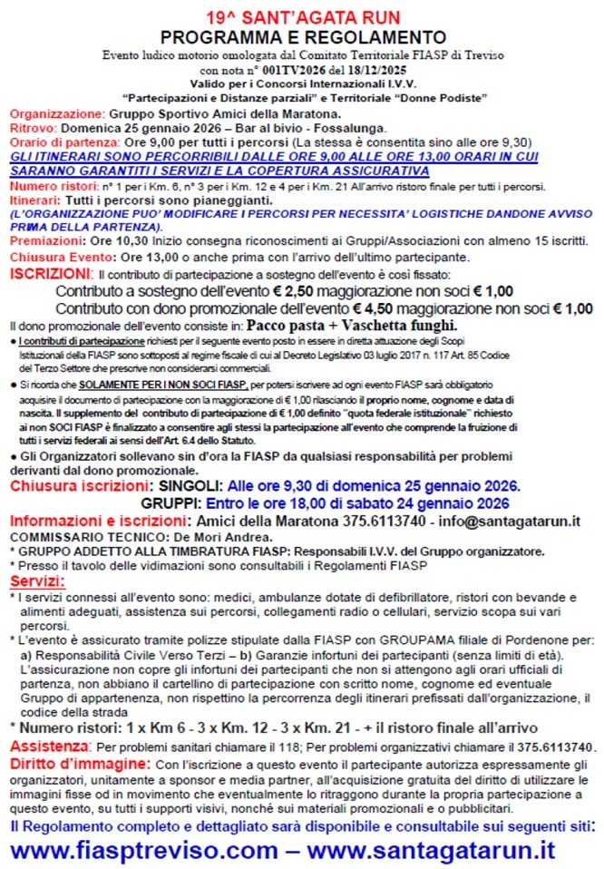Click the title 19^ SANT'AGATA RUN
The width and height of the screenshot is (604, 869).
[x=302, y=17]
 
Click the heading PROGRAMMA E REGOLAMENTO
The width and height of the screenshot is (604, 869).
[x=302, y=37]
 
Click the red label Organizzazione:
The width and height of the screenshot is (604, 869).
[x=55, y=114]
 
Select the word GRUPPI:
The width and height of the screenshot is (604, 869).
[x=170, y=503]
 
